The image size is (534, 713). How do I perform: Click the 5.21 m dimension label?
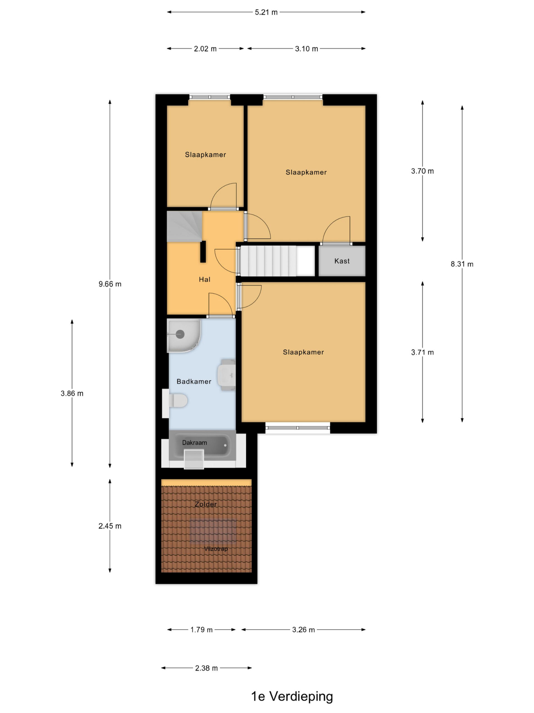click(266, 12)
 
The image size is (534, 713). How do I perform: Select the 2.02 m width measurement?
click(205, 49)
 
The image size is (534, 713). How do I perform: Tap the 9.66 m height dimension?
click(110, 284)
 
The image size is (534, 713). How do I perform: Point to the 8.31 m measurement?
click(462, 264)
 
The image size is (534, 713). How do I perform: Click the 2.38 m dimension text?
click(206, 668)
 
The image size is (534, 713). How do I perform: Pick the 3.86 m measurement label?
click(72, 393)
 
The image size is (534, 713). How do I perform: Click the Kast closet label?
click(342, 261)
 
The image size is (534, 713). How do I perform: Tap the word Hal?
click(204, 279)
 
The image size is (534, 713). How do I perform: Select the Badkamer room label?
click(194, 381)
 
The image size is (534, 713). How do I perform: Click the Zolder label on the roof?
click(206, 504)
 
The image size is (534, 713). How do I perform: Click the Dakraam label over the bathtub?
click(194, 443)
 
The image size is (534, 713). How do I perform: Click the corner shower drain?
click(180, 334)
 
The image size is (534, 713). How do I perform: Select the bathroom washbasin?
click(227, 375)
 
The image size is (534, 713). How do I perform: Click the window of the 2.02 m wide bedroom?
click(209, 97)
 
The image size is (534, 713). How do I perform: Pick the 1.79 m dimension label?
click(201, 629)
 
